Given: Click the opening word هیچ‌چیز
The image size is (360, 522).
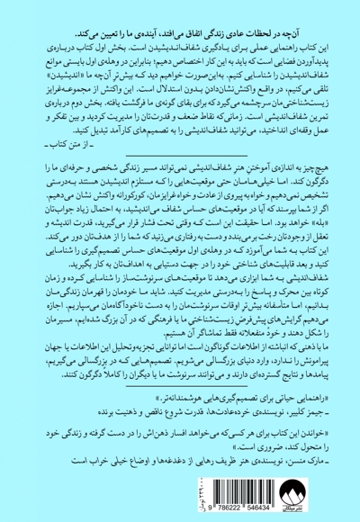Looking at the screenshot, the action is click(x=334, y=143).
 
